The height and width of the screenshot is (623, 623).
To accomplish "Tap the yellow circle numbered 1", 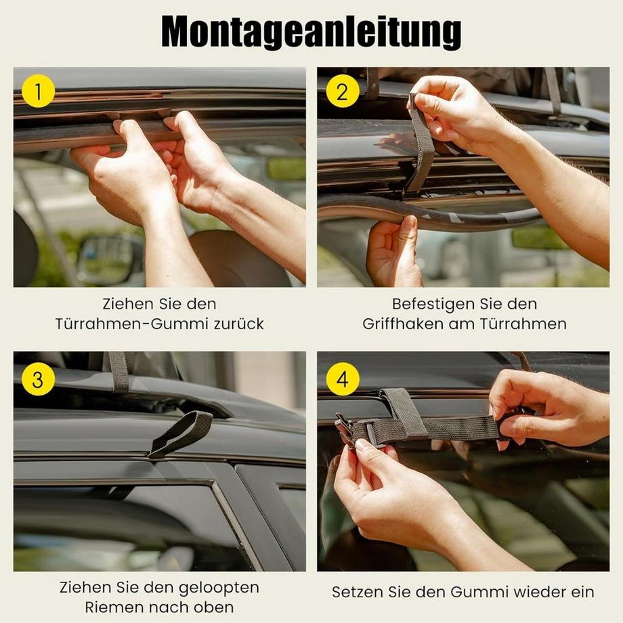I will (x=38, y=91).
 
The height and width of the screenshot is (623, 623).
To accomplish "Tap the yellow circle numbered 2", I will (x=342, y=91).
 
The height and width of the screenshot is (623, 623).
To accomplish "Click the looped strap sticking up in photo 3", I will (x=181, y=433).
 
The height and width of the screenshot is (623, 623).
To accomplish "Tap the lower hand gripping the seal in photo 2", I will (x=394, y=254).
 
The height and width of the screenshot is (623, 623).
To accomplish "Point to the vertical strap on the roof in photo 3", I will (x=119, y=371).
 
